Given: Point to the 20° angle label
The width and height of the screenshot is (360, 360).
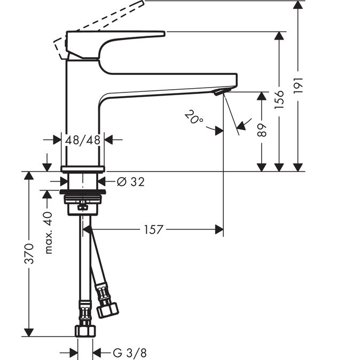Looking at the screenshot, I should tap(193, 117).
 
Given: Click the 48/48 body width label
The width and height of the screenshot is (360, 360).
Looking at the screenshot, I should tap(83, 140).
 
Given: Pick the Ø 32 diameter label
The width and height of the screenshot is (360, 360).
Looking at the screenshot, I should tap(130, 182).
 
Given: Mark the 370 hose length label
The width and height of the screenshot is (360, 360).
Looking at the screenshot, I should tap(29, 254).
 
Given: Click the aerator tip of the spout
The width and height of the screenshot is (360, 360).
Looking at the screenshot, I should tap(218, 92).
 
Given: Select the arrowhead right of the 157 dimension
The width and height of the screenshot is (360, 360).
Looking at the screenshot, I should tap(219, 230).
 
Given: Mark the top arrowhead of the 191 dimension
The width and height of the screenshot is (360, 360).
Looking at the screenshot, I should tap(299, 5).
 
